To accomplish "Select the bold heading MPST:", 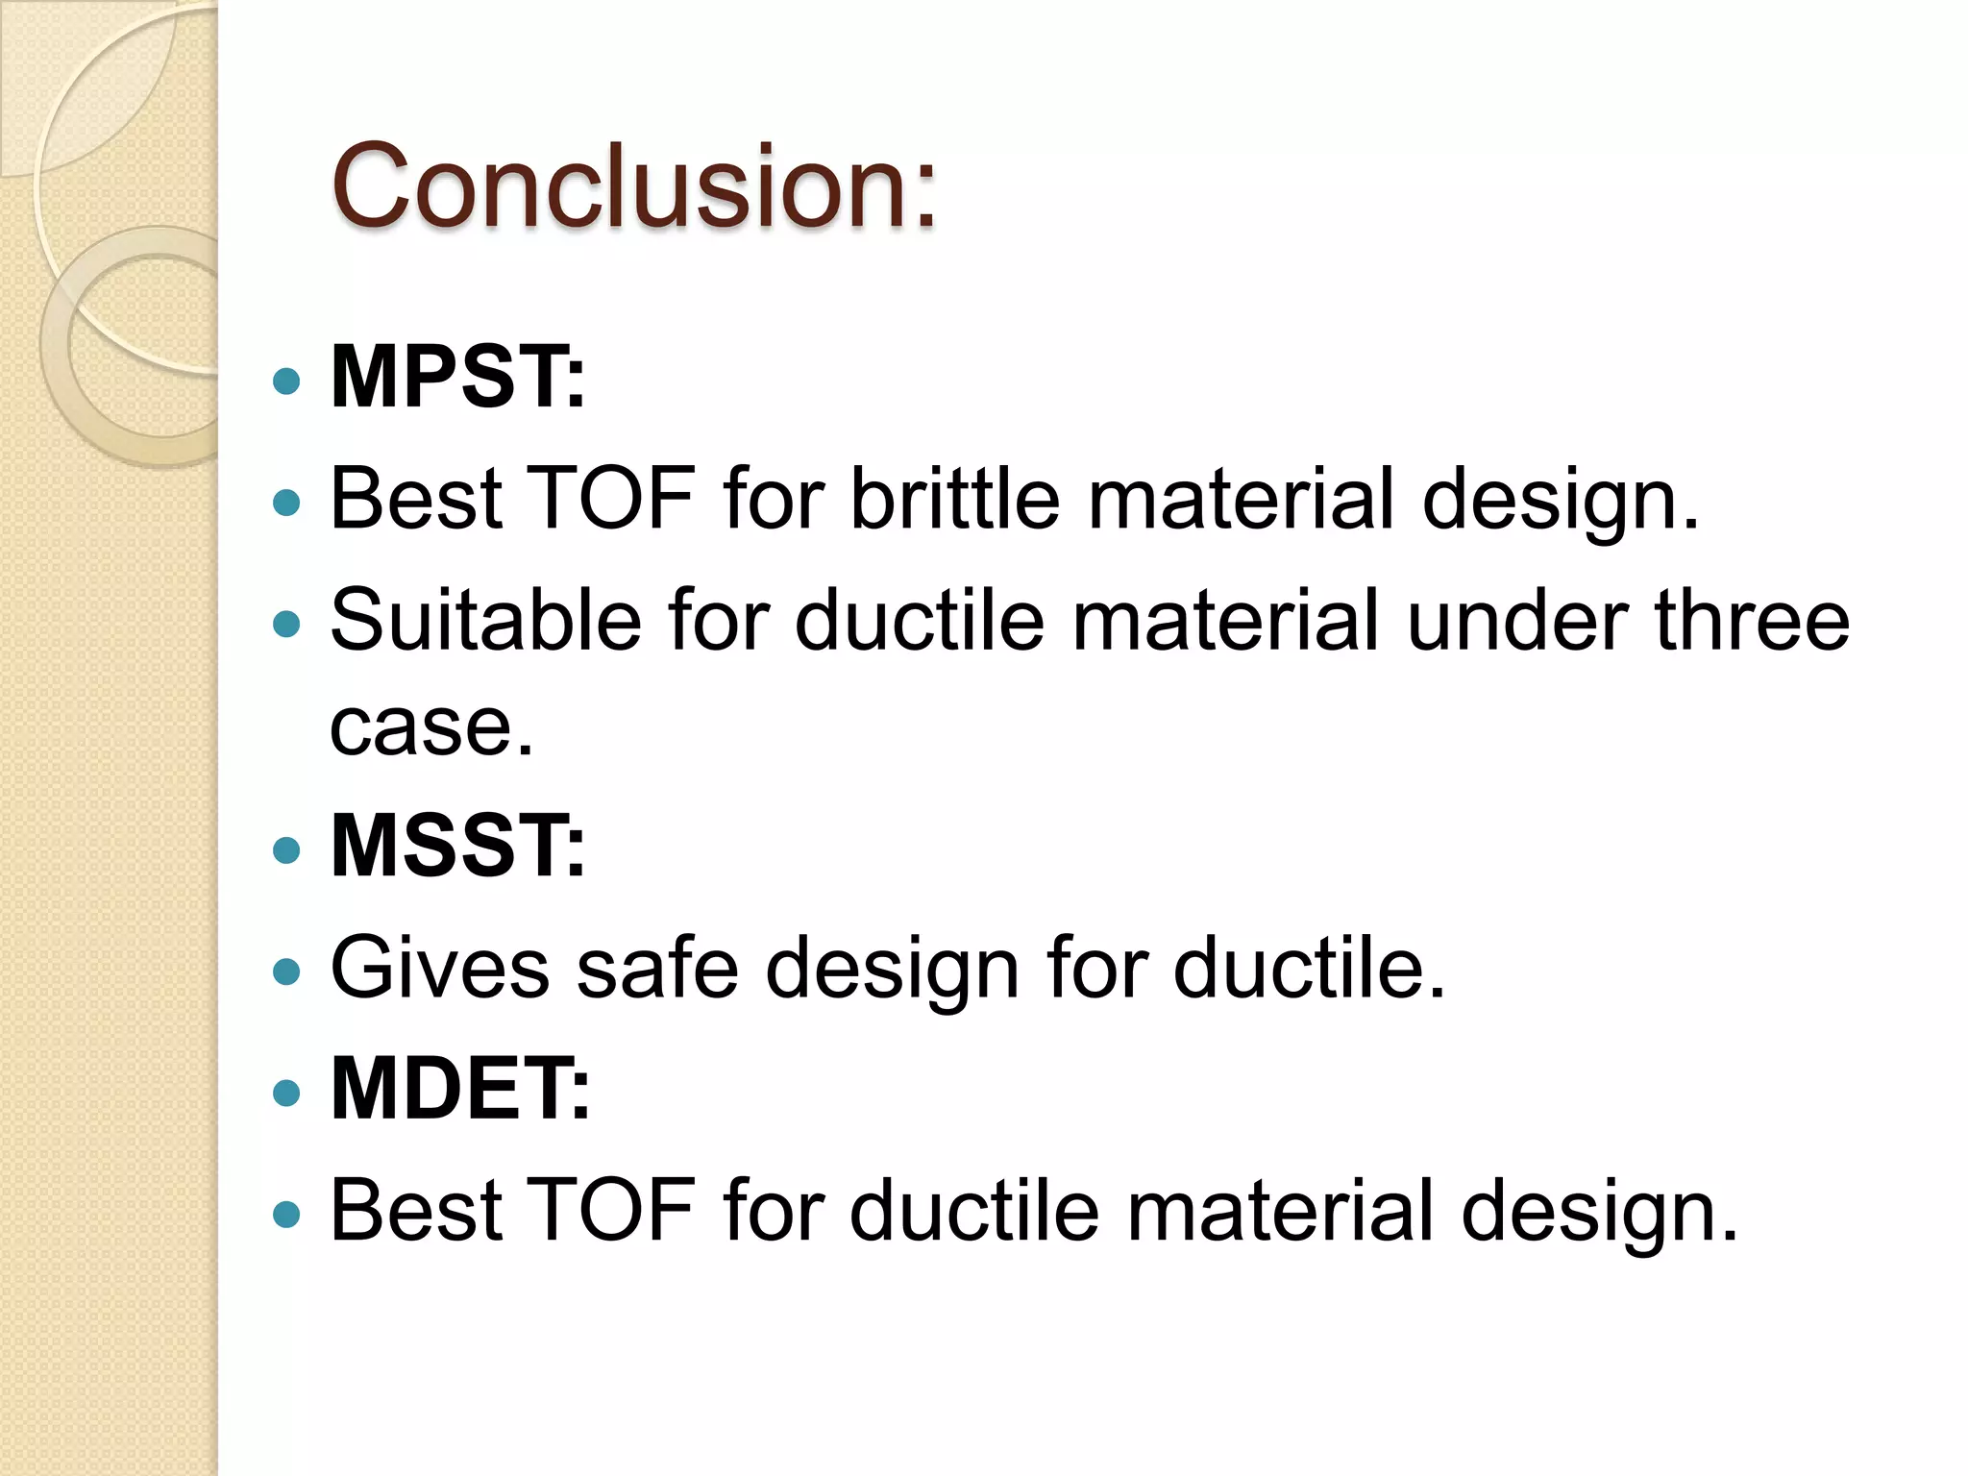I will pos(457,378).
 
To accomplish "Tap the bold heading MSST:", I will pos(457,846).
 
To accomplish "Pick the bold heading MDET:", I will pos(460,1089).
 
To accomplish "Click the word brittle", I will pos(955,498).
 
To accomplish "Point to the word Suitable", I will pos(485,620).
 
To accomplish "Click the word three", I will pos(1751,620).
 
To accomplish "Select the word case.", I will pos(430,727).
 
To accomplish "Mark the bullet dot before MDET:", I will pos(286,1093).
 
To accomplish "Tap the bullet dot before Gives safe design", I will pos(286,972).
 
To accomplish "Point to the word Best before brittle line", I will pos(415,498).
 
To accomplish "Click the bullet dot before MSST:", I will pos(286,849).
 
